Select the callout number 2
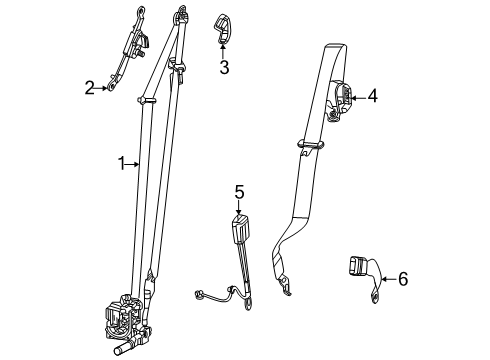(90, 88)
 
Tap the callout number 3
(224, 69)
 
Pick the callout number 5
(239, 191)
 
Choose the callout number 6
(402, 279)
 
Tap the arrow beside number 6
(388, 279)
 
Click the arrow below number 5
(239, 207)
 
